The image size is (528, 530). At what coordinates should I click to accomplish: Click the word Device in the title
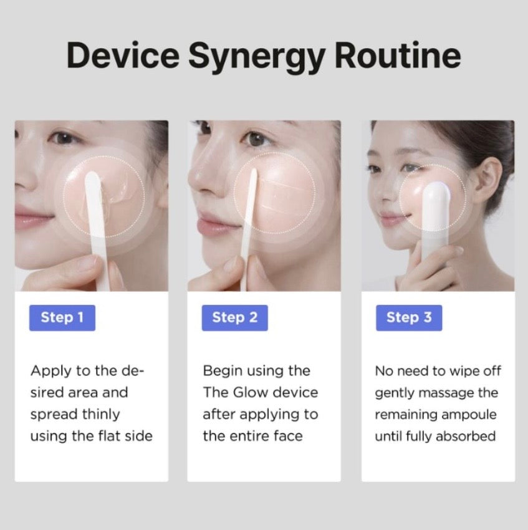(123, 55)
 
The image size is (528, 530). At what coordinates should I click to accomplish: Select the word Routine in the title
(398, 55)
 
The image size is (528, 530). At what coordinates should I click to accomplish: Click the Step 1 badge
(62, 318)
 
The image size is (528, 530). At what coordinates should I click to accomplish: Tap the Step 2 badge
(235, 318)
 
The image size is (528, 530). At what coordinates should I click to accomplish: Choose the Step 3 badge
(409, 318)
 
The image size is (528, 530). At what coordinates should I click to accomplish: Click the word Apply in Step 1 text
(51, 372)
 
